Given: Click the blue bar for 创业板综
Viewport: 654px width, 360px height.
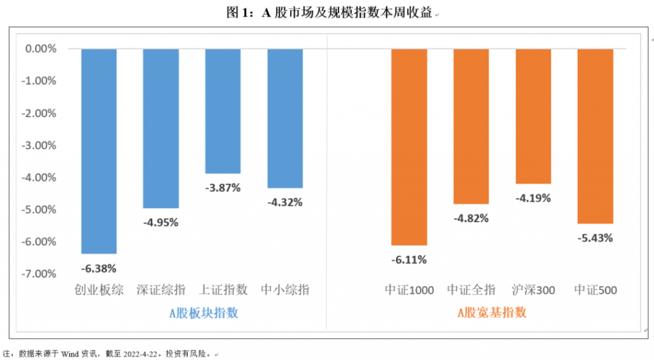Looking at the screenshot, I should click(99, 151).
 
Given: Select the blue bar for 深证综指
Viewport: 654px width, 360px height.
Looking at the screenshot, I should click(160, 128).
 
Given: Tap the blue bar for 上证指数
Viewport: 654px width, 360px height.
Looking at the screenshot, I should click(223, 110).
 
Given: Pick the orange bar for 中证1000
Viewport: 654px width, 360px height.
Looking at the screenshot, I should click(409, 146).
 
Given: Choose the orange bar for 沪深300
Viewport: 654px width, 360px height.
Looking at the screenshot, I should click(533, 116).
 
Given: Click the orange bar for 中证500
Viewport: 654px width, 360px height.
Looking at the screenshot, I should click(595, 135).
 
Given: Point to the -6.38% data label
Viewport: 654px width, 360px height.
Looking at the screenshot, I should click(99, 268).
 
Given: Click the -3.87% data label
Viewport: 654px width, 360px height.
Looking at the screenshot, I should click(223, 188).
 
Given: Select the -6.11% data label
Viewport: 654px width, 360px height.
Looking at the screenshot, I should click(409, 260).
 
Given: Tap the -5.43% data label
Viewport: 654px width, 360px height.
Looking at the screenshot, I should click(595, 238).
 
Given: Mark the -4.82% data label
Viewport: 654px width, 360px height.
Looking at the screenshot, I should click(471, 218).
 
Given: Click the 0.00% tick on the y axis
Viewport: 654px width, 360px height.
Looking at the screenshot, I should click(41, 49).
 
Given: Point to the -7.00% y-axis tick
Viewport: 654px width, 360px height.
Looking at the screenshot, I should click(41, 274).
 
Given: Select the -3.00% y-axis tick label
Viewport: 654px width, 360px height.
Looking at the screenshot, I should click(41, 145).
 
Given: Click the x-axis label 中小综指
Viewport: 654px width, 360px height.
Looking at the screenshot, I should click(285, 290).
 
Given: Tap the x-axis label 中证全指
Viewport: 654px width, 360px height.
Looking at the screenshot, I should click(471, 290).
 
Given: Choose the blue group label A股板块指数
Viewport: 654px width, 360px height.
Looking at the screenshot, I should click(204, 313).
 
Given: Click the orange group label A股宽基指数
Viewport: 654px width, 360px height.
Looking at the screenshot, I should click(492, 313).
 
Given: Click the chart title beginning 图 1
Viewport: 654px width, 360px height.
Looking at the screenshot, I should click(328, 13).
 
